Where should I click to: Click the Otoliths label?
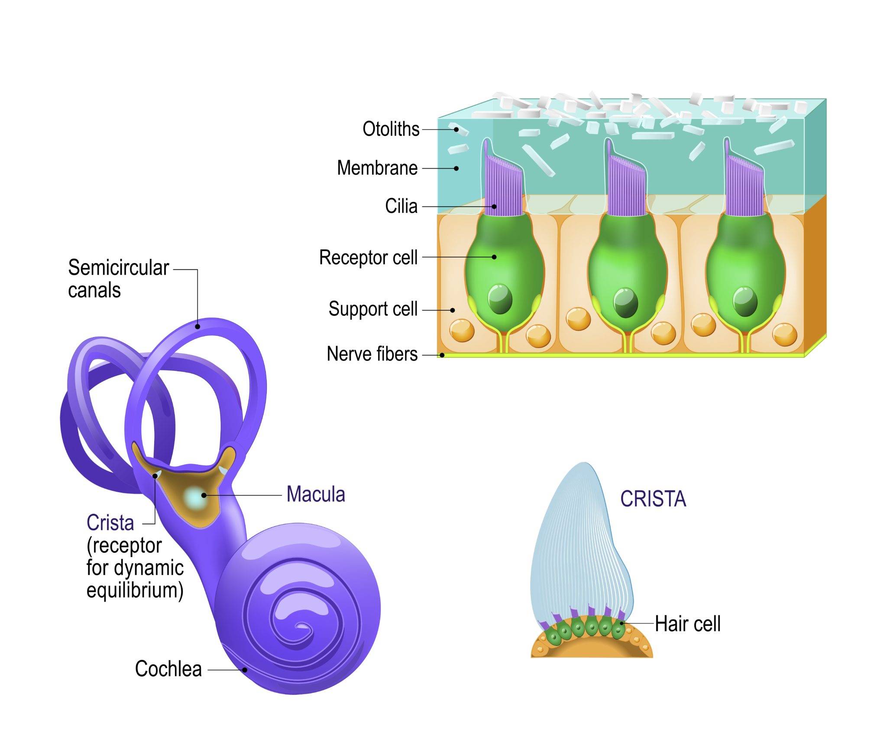click(x=391, y=129)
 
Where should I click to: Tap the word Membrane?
click(x=377, y=168)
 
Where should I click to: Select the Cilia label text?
click(x=401, y=206)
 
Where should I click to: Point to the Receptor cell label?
click(x=368, y=257)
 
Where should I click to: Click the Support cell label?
click(x=373, y=309)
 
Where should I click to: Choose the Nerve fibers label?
click(x=372, y=354)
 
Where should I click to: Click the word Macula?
click(x=316, y=494)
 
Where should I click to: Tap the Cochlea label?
click(x=168, y=669)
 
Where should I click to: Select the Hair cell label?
click(x=687, y=624)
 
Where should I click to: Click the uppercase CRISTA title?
click(x=653, y=499)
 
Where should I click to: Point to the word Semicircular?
click(x=118, y=268)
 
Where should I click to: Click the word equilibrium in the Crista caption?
click(x=134, y=590)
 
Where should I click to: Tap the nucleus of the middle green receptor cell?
click(x=626, y=302)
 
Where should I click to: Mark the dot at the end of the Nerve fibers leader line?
click(x=442, y=355)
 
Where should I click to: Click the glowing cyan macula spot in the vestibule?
click(x=195, y=497)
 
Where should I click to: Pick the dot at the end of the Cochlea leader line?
click(x=245, y=670)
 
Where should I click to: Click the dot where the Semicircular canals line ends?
click(x=197, y=327)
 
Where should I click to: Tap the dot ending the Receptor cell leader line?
click(x=494, y=257)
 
